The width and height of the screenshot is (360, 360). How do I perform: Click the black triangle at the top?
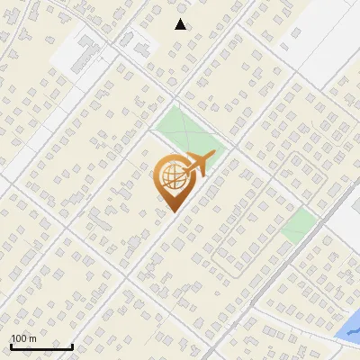tap(181, 24)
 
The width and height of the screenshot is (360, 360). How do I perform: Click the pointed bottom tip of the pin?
tap(171, 212)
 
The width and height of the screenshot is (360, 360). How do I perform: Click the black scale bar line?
tap(41, 346)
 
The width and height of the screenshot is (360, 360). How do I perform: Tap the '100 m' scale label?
tap(23, 338)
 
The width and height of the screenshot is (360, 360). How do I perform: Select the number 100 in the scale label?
tap(19, 338)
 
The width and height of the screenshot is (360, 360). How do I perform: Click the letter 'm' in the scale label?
tap(32, 338)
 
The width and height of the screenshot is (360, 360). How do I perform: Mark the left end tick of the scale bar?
tap(11, 344)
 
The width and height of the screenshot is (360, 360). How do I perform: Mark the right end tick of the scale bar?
tap(72, 344)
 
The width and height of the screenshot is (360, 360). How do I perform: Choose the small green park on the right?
tap(299, 224)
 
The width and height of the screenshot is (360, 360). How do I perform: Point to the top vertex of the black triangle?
tap(181, 19)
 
